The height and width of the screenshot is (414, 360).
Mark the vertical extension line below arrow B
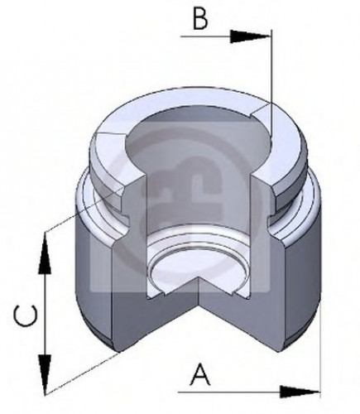coord(271,83)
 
